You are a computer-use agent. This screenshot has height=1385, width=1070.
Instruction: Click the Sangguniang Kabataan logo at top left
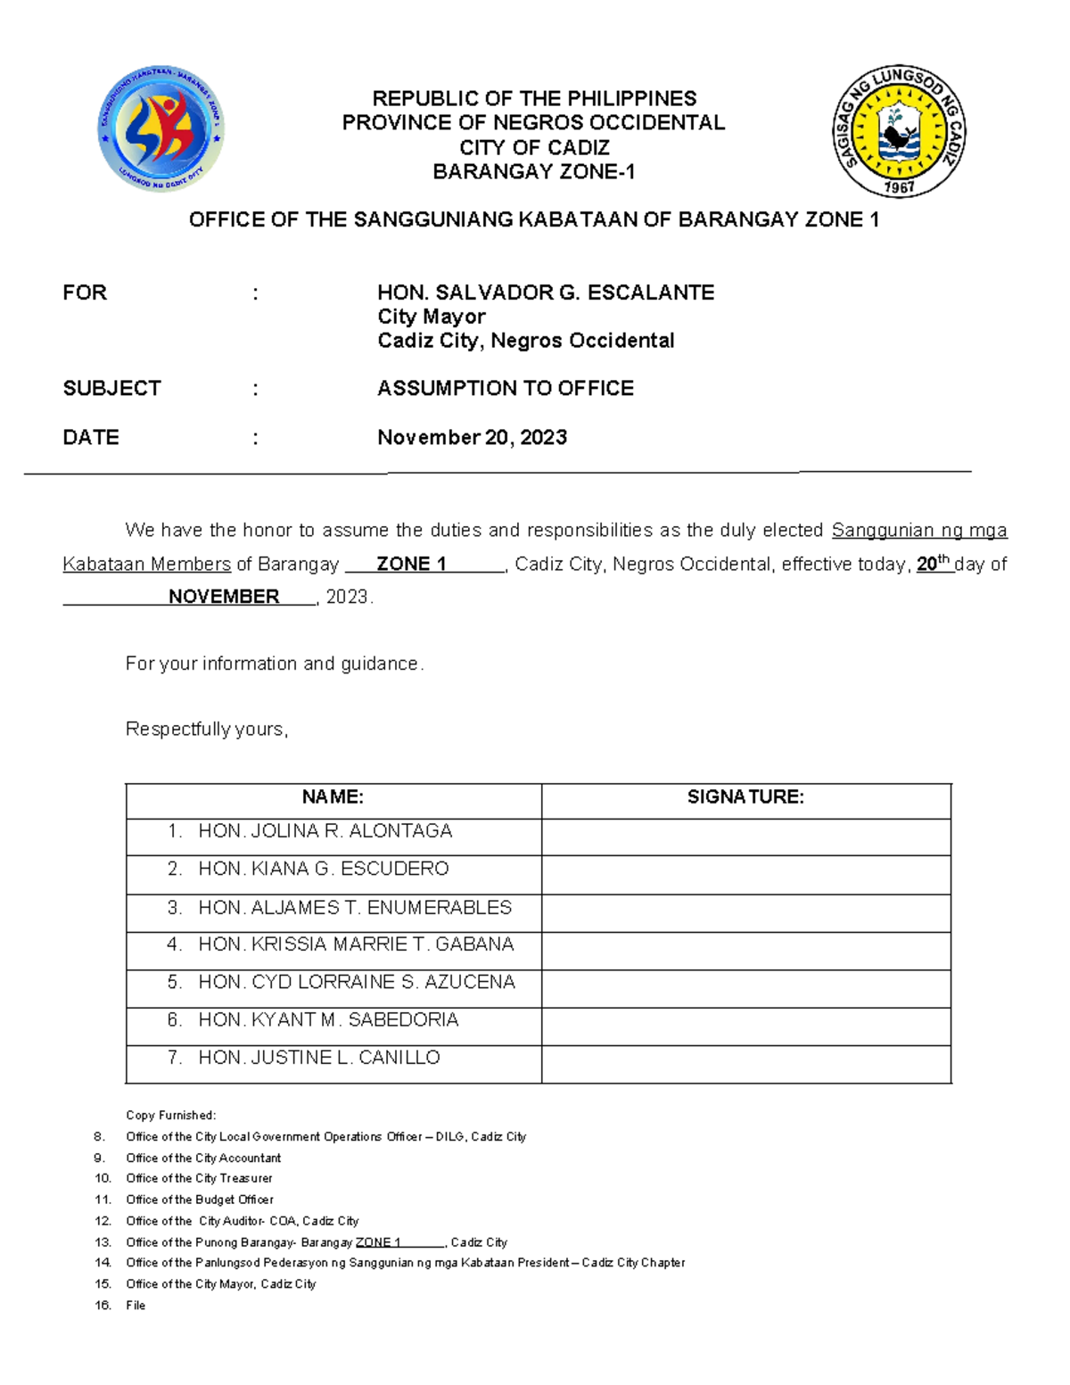pyautogui.click(x=160, y=128)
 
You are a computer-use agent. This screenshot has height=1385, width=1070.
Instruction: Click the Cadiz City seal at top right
pyautogui.click(x=899, y=131)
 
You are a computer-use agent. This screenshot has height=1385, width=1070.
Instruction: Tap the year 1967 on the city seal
pyautogui.click(x=899, y=187)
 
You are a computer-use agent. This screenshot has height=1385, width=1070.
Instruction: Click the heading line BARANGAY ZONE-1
pyautogui.click(x=533, y=172)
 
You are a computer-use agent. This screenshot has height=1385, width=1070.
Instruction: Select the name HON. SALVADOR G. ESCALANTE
pyautogui.click(x=546, y=293)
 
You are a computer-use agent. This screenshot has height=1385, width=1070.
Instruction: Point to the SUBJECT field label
pyautogui.click(x=111, y=389)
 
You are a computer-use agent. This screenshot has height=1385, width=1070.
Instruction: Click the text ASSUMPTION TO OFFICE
pyautogui.click(x=505, y=389)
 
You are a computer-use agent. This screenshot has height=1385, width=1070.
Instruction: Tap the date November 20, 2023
pyautogui.click(x=472, y=437)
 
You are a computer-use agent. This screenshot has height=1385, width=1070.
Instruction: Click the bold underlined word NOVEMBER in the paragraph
pyautogui.click(x=224, y=597)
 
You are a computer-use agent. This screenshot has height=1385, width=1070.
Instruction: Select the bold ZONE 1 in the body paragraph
pyautogui.click(x=411, y=564)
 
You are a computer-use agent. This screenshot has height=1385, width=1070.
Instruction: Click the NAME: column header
pyautogui.click(x=333, y=797)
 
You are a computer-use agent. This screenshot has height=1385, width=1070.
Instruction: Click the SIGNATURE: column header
pyautogui.click(x=745, y=797)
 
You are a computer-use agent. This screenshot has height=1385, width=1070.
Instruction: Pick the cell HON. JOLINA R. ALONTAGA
pyautogui.click(x=325, y=831)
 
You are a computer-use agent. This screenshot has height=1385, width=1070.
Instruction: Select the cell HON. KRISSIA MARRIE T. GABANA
pyautogui.click(x=355, y=944)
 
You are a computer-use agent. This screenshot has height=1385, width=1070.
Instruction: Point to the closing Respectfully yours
pyautogui.click(x=207, y=730)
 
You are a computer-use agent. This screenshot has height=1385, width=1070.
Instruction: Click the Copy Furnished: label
pyautogui.click(x=170, y=1115)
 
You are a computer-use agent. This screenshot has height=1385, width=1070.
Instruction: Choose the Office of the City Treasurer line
pyautogui.click(x=199, y=1178)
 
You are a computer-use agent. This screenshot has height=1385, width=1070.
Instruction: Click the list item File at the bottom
pyautogui.click(x=136, y=1306)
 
